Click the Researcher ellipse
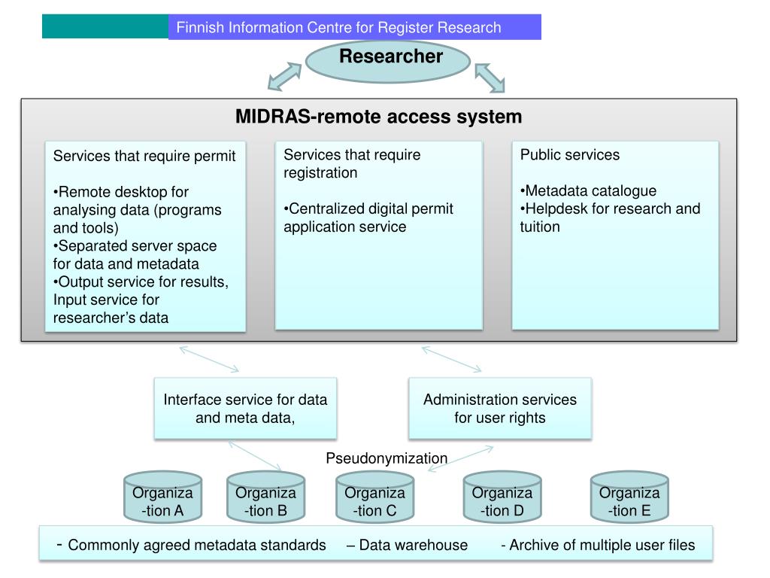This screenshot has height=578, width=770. [388, 60]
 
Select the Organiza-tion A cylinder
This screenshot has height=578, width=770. [162, 498]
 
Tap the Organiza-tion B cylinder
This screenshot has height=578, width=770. [265, 498]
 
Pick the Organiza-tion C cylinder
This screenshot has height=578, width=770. [374, 498]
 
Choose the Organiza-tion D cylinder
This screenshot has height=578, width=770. [502, 498]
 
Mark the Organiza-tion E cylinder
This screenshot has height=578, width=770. [629, 498]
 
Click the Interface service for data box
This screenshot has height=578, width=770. [245, 409]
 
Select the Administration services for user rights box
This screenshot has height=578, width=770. [499, 409]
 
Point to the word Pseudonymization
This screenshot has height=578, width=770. [387, 458]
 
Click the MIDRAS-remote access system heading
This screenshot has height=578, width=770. [378, 117]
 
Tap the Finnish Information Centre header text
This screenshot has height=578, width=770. [338, 28]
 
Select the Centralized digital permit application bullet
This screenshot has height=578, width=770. [368, 218]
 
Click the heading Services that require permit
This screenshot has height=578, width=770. [144, 156]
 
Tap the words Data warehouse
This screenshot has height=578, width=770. [408, 545]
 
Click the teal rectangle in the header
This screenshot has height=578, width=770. [105, 27]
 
